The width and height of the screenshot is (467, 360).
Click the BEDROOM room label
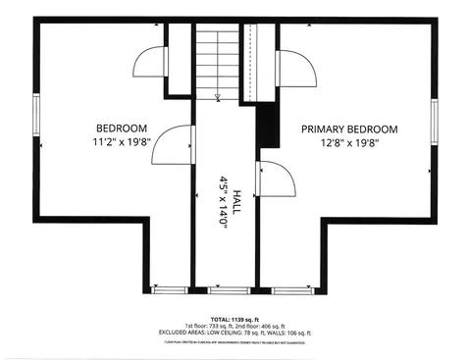tap(121, 129)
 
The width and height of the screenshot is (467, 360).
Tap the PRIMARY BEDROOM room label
tap(348, 129)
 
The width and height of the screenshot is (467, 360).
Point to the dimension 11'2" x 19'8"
tap(121, 142)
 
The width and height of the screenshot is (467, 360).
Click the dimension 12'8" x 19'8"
tap(348, 142)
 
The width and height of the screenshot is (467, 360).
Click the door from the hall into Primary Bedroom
tap(274, 180)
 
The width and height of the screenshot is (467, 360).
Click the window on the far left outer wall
tap(36, 118)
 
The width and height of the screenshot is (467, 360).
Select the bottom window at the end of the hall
tap(225, 290)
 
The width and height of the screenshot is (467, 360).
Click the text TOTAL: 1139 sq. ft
tap(233, 319)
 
